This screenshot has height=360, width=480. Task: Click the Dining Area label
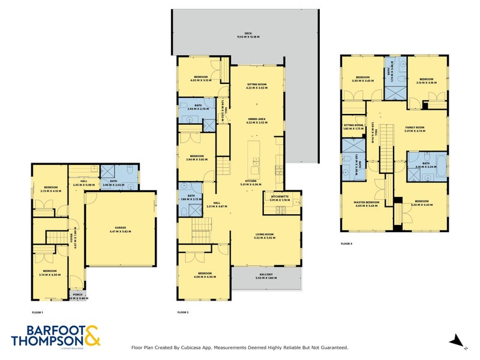tap(256, 120)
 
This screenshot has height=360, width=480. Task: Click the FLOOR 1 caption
tap(38, 313)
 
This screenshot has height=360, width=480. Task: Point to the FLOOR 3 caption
tap(347, 244)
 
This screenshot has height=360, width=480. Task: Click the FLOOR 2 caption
tap(183, 313)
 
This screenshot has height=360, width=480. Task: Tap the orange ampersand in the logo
tap(92, 335)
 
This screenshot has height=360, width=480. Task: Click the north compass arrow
tap(458, 341)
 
